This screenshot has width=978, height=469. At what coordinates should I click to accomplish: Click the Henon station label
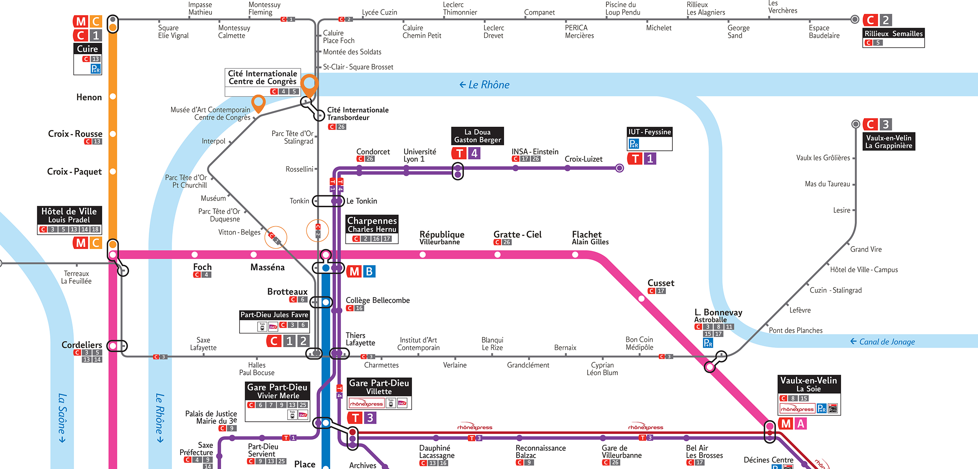tap(89, 97)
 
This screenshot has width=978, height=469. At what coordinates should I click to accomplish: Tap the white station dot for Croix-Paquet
tap(113, 172)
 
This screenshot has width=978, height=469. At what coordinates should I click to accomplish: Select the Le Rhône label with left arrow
tap(485, 85)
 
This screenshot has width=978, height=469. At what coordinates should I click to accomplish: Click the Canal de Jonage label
tap(883, 342)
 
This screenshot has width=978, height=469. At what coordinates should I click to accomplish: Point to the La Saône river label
tap(62, 417)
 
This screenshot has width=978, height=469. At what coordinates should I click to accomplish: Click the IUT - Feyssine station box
tap(650, 139)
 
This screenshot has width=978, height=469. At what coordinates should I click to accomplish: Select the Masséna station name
tap(267, 268)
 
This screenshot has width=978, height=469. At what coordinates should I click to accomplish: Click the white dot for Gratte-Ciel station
tap(498, 255)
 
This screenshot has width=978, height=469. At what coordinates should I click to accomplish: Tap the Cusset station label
tap(661, 283)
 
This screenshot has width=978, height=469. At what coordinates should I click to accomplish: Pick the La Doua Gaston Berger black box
tap(478, 136)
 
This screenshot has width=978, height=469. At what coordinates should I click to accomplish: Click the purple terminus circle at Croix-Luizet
tap(619, 168)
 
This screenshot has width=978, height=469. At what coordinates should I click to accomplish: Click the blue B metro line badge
tap(369, 271)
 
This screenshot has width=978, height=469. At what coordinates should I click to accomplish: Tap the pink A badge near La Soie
tap(801, 424)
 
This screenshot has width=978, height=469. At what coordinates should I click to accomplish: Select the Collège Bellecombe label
tap(378, 300)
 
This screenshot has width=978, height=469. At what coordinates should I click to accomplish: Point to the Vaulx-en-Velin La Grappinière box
tap(889, 142)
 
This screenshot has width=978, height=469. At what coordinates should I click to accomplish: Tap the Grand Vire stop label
tap(866, 249)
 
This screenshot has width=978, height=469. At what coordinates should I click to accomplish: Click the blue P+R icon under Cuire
tap(95, 69)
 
